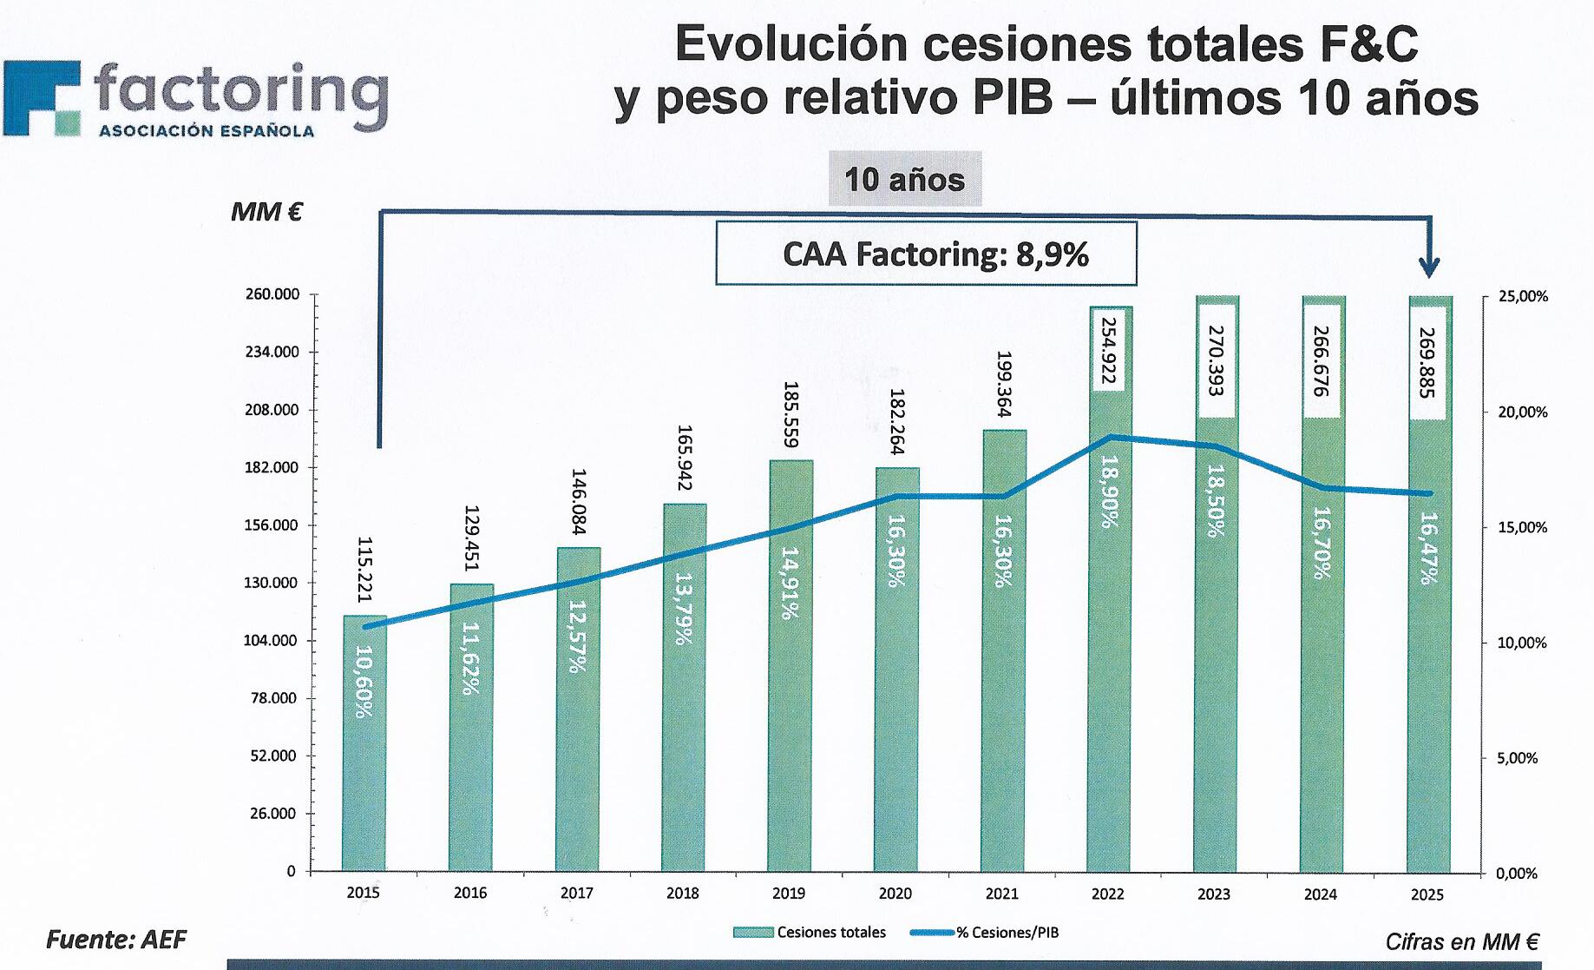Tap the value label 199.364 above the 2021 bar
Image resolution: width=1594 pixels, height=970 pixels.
(1004, 384)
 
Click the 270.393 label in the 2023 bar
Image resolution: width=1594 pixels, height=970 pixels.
(1215, 360)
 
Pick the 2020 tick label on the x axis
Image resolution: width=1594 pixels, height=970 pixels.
(895, 893)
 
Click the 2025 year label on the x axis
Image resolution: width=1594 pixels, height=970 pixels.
(1427, 894)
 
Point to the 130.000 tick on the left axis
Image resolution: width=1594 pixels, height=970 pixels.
(271, 583)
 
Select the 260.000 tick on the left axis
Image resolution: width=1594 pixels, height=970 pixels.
(271, 294)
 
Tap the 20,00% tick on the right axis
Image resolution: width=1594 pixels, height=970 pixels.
(1523, 412)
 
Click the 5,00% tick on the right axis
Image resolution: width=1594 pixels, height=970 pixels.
(1519, 758)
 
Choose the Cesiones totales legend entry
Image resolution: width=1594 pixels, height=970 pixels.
(810, 933)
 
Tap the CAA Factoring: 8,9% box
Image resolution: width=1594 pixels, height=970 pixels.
(926, 254)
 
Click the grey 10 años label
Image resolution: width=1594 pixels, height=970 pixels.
(904, 179)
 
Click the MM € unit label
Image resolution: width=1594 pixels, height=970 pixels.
(266, 212)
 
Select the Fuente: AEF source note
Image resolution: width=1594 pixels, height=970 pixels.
(115, 940)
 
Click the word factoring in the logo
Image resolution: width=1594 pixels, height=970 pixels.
(240, 93)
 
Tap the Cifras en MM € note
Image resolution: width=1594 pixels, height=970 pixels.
(1461, 941)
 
